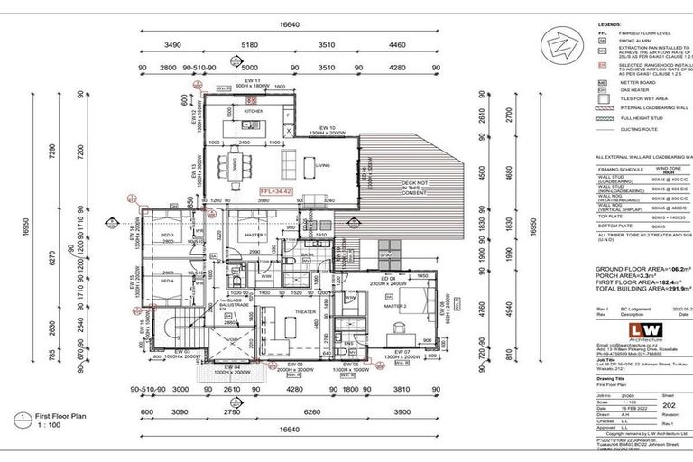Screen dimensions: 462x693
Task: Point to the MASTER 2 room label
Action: point(396,306)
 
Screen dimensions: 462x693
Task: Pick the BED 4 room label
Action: point(167,281)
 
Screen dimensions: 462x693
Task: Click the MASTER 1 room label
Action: point(255,235)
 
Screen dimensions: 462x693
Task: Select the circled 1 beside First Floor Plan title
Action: point(20,419)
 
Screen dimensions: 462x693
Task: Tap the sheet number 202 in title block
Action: point(669,380)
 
